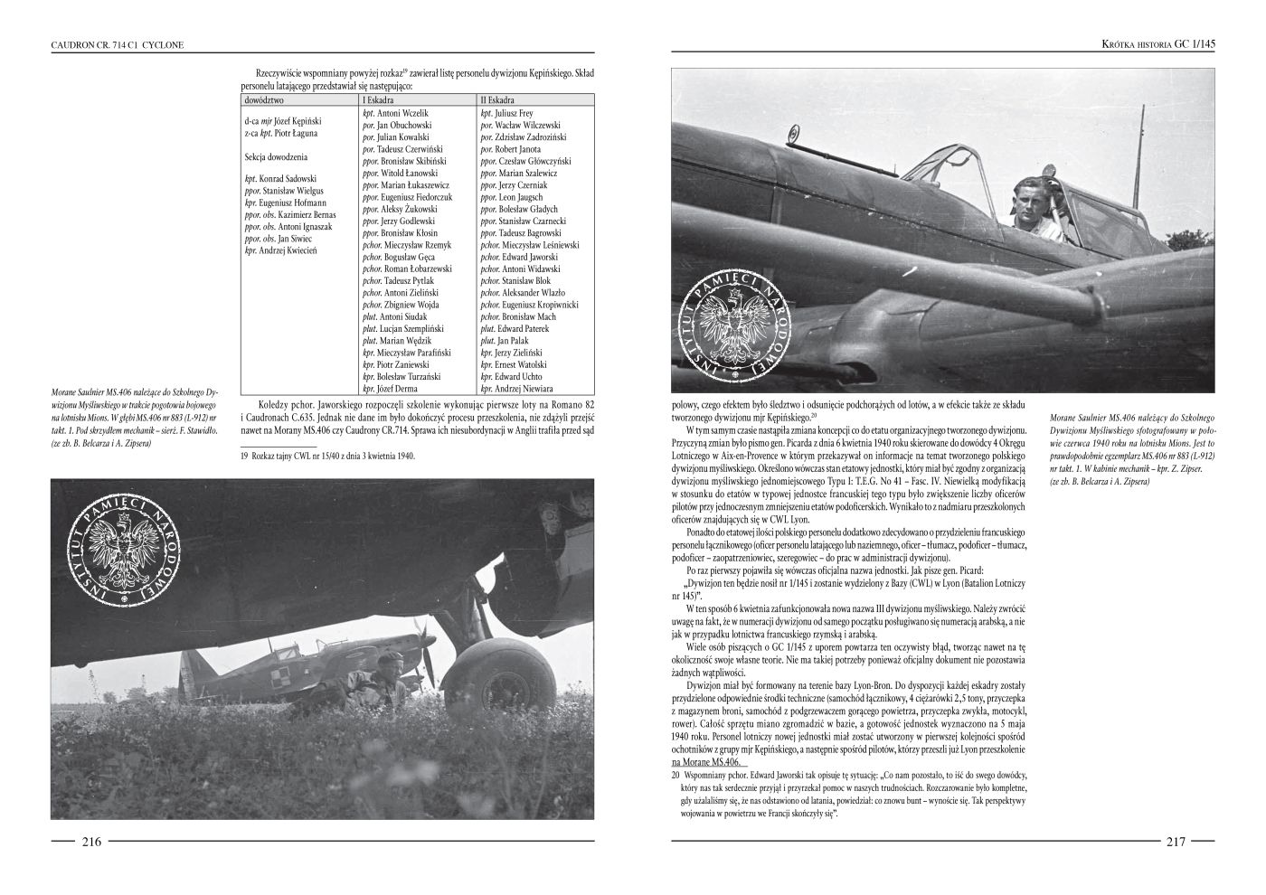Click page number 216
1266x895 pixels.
pos(91,841)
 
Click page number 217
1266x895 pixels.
pos(1175,841)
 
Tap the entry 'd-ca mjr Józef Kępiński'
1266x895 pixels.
pos(283,121)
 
